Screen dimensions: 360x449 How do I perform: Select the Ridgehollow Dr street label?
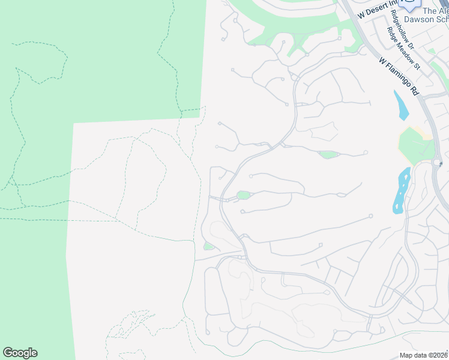[x=402, y=29]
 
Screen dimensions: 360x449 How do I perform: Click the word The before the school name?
[x=430, y=10]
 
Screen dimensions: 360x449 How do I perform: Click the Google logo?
[x=20, y=353]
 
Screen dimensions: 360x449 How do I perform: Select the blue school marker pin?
[x=411, y=5]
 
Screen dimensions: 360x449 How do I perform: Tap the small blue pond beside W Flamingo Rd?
[x=400, y=104]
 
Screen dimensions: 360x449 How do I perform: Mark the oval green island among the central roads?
[x=243, y=195]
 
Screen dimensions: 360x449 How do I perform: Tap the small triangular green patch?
[x=208, y=246]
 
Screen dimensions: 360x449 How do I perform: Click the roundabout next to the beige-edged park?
[x=436, y=163]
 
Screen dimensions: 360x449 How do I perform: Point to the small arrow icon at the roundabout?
[x=441, y=163]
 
